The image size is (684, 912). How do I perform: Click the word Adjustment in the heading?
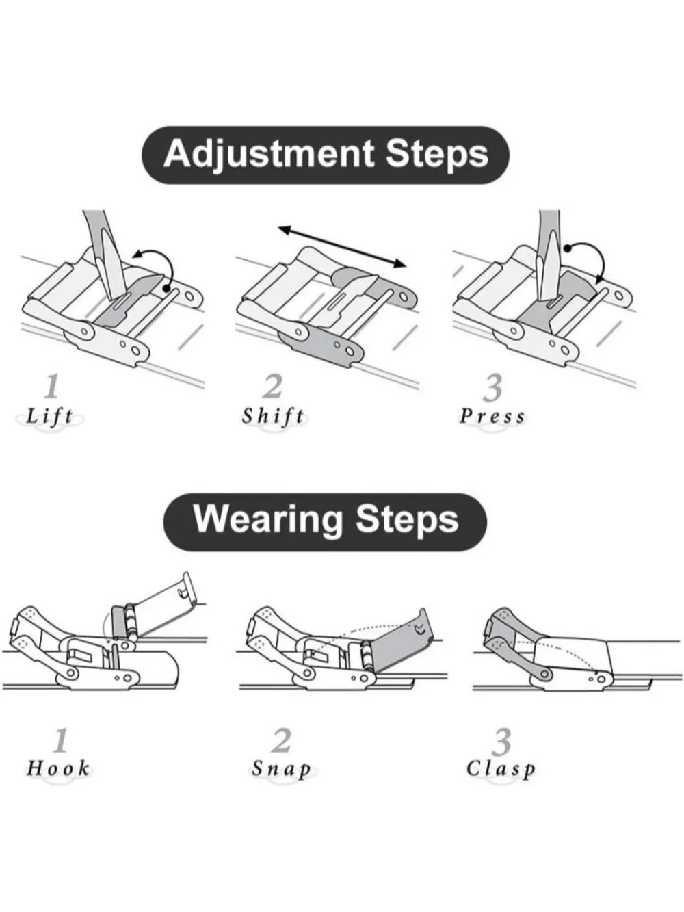[269, 155]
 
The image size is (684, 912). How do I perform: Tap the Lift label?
[50, 416]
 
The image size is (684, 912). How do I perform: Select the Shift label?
[274, 416]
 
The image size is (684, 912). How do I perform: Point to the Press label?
[492, 417]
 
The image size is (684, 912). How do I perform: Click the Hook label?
[58, 768]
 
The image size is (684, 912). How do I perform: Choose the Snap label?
[281, 768]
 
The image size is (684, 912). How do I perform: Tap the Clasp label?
[501, 768]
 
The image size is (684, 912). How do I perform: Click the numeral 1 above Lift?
[51, 386]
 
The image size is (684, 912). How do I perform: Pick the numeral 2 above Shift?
[272, 387]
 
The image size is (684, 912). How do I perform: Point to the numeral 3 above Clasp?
[501, 740]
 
